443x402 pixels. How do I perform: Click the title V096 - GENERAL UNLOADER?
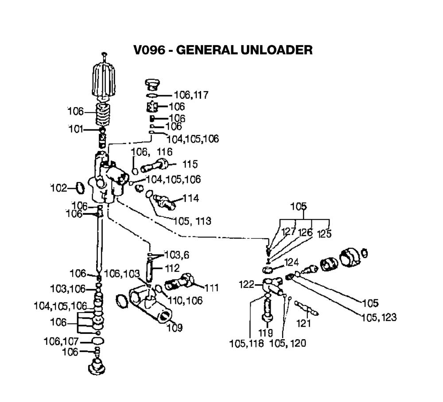point(223,50)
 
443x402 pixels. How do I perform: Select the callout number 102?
point(58,188)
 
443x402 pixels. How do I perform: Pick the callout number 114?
point(190,198)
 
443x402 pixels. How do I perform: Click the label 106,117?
point(191,95)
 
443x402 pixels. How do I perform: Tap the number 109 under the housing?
point(173,328)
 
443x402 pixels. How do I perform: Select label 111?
point(212,288)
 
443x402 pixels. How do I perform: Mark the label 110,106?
point(185,301)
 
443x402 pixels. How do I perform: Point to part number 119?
point(266,332)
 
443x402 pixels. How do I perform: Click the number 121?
point(304,323)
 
